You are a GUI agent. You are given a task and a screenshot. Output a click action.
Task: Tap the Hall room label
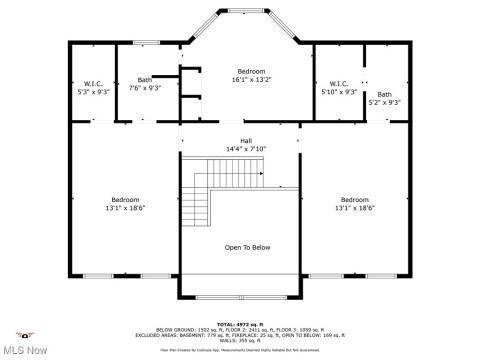(x=245, y=140)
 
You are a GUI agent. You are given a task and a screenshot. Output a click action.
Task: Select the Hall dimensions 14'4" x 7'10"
(x=245, y=150)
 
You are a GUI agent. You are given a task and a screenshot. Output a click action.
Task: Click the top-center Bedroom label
(x=251, y=72)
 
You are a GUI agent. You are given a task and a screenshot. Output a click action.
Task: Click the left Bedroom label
(x=125, y=199)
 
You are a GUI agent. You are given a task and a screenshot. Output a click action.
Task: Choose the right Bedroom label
(x=355, y=199)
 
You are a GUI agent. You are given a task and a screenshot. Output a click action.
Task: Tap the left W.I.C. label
(x=92, y=82)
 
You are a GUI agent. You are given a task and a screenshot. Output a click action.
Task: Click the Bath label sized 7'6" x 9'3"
(x=145, y=80)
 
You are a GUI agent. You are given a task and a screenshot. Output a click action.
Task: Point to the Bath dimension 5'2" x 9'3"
(x=384, y=102)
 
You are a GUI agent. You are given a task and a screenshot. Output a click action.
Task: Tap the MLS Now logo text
(x=26, y=349)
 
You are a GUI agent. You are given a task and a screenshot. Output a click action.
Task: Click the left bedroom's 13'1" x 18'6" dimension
(x=125, y=208)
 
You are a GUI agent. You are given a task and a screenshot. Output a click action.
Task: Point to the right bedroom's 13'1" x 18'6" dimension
(x=355, y=208)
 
